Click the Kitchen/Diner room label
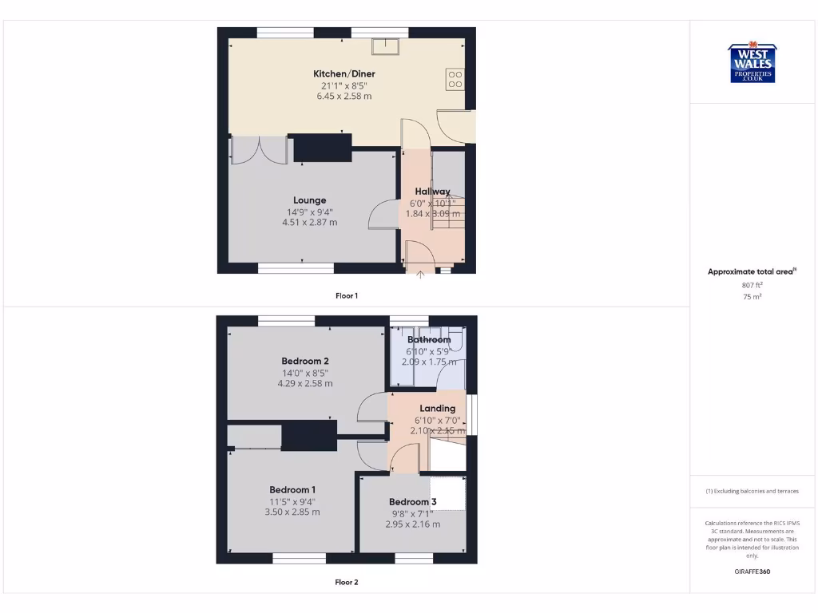[343, 74]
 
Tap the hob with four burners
[455, 78]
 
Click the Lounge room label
[309, 200]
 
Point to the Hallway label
[432, 192]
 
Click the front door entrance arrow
[421, 275]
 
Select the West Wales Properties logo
[752, 63]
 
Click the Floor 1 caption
[346, 295]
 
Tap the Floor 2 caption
[346, 582]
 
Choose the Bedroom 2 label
[304, 361]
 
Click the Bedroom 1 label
[292, 489]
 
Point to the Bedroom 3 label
[412, 502]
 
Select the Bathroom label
[429, 339]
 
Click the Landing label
[437, 409]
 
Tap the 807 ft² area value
[752, 284]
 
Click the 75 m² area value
[752, 296]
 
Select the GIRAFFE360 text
[752, 571]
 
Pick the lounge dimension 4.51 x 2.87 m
[309, 223]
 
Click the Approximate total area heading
[751, 272]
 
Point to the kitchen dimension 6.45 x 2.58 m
[343, 96]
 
